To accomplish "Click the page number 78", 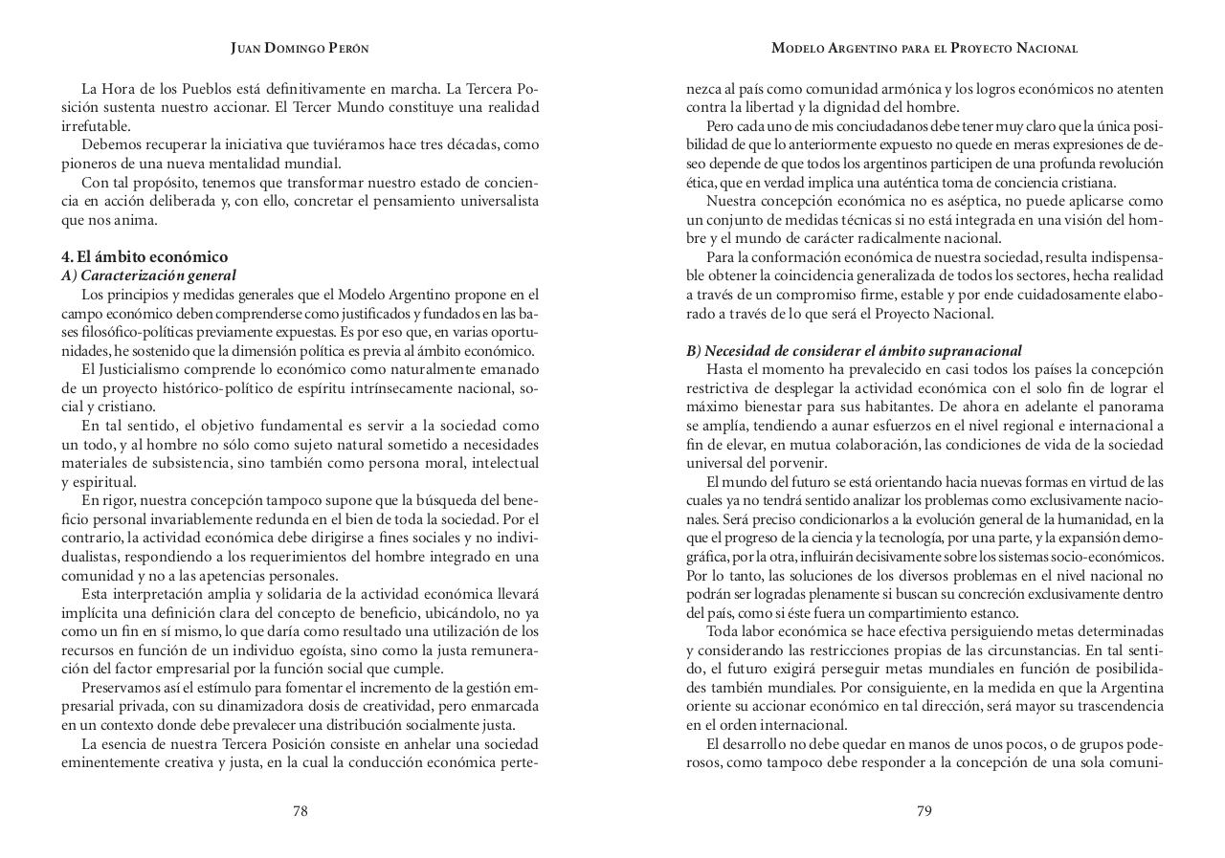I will tap(300, 811).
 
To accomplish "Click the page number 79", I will tap(924, 811).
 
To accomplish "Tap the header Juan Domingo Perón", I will tap(300, 48).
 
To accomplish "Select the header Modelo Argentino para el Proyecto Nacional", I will tap(924, 48).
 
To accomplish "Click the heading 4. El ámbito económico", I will tap(145, 256).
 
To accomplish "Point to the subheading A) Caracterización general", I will tap(148, 275).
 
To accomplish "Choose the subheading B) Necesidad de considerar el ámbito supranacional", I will tap(854, 350).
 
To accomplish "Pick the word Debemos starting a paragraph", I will tap(109, 144).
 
